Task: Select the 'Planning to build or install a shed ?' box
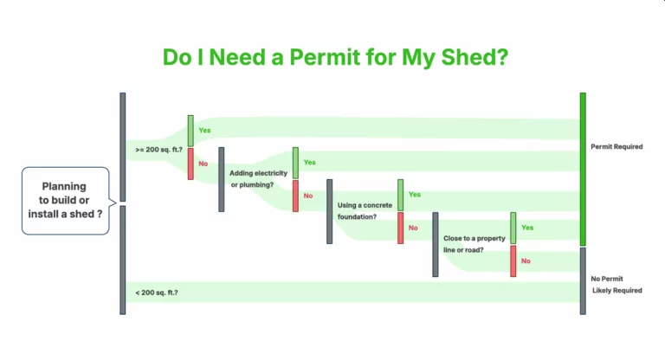(x=66, y=201)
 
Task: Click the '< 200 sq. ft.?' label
(x=157, y=292)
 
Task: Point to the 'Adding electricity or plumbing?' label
(x=258, y=179)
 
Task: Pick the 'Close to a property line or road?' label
(x=475, y=243)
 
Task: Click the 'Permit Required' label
(x=617, y=147)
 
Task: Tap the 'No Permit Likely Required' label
(x=617, y=285)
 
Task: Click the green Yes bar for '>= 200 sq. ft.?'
(x=191, y=131)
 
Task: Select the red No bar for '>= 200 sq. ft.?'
(x=191, y=164)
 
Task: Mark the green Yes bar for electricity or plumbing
(x=295, y=163)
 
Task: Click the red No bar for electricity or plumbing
(x=295, y=196)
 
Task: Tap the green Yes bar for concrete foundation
(x=400, y=196)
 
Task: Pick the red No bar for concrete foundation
(x=400, y=228)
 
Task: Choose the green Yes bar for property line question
(x=513, y=228)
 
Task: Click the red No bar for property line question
(x=513, y=261)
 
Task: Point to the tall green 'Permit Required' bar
(x=583, y=169)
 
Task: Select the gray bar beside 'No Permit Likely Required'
(x=583, y=280)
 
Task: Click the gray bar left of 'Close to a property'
(x=436, y=244)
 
